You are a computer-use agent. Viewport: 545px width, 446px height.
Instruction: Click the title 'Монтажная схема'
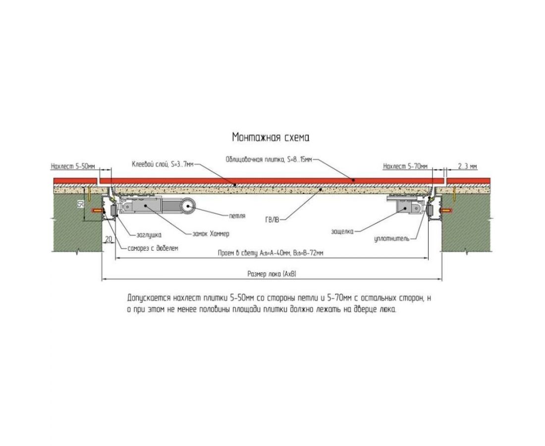[271, 137]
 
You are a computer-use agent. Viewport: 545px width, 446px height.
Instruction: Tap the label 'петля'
[238, 216]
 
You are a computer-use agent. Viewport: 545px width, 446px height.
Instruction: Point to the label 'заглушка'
[146, 235]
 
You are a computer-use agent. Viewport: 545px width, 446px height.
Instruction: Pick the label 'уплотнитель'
[392, 239]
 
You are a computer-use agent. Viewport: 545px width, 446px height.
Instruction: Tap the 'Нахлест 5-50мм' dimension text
[73, 167]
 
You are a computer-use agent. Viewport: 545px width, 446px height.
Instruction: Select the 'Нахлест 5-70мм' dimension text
[405, 167]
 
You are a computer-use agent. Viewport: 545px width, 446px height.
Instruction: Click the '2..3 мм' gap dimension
[467, 167]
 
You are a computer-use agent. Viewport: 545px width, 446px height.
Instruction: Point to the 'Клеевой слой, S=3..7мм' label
[163, 163]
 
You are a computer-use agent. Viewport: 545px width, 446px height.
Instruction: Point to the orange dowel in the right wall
[446, 211]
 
